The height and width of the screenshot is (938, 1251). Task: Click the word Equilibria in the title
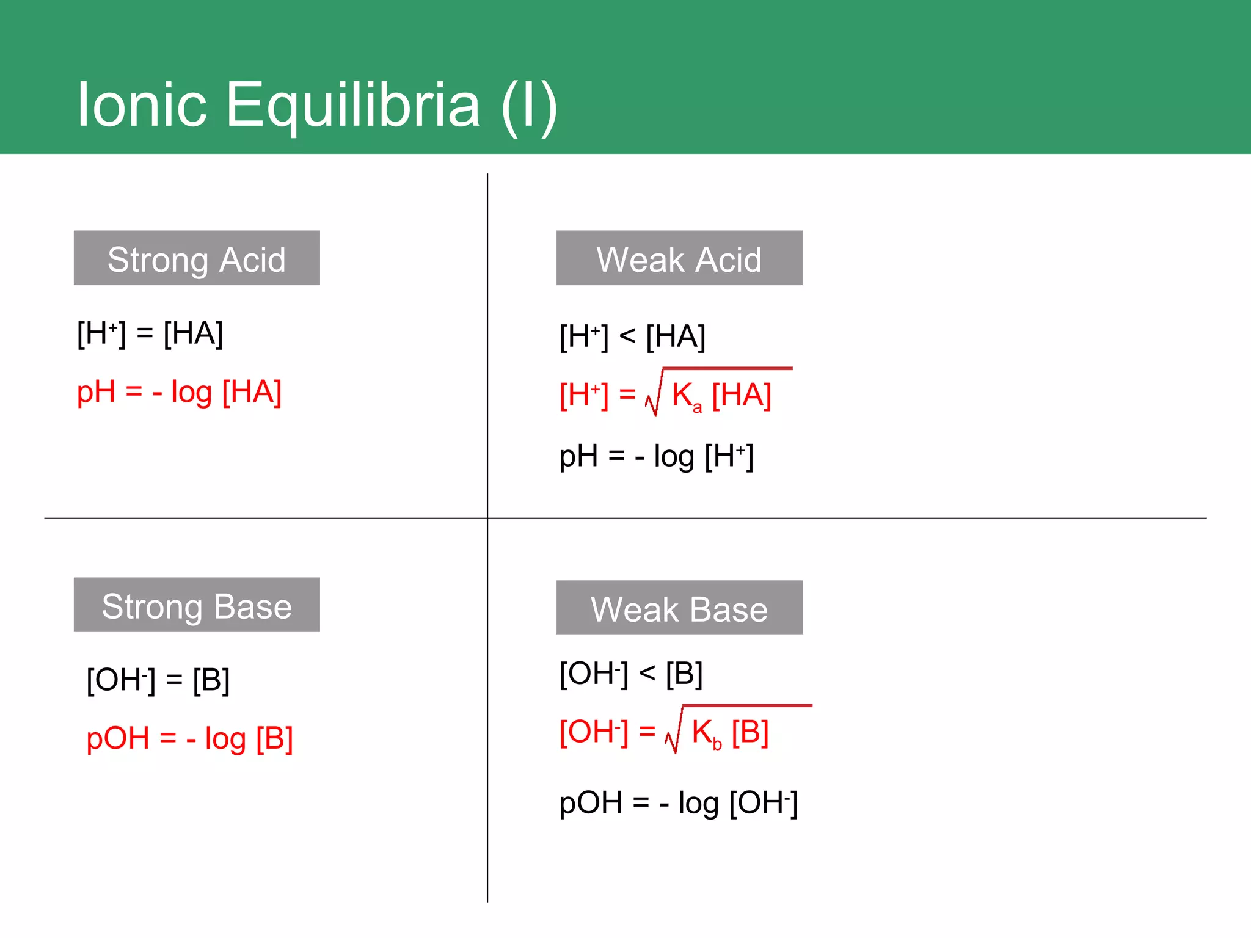[352, 105]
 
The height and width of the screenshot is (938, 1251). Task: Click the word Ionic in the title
[142, 105]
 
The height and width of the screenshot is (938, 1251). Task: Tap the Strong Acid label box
[197, 258]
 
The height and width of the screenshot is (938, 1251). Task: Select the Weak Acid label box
[679, 258]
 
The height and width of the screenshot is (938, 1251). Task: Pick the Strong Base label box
[197, 605]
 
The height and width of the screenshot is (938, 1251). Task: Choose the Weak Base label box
[679, 608]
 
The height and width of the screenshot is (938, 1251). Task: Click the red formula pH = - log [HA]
[179, 392]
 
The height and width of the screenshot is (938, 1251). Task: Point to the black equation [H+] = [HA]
[150, 333]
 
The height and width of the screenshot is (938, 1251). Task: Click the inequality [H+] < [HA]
[632, 336]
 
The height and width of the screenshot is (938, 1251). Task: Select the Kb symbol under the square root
[706, 733]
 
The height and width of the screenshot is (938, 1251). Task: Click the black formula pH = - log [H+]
[656, 457]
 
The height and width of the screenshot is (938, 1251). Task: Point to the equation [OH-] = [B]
[158, 680]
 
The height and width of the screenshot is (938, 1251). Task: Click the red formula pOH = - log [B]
[189, 739]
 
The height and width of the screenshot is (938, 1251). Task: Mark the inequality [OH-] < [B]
[631, 674]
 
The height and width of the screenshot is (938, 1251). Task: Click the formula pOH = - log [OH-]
[678, 803]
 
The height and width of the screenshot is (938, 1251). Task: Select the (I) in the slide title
[528, 105]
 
